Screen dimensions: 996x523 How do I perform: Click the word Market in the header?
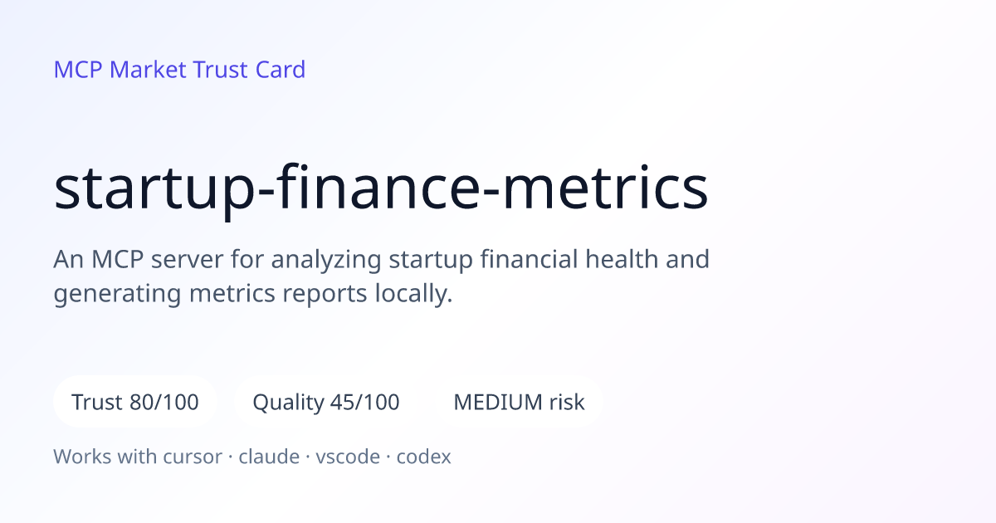point(148,70)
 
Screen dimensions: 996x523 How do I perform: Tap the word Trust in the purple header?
point(220,70)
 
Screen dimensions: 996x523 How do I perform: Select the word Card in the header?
point(281,70)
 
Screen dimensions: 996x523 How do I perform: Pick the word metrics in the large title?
point(605,187)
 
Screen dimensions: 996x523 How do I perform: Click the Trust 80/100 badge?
point(135,402)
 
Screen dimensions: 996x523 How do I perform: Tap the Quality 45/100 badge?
point(326,402)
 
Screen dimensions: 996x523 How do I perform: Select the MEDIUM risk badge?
point(519,402)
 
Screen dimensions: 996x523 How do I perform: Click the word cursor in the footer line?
point(193,457)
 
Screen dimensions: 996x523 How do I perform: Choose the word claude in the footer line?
point(269,457)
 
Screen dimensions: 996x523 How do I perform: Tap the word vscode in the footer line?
point(348,457)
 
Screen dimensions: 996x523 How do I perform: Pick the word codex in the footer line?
point(424,457)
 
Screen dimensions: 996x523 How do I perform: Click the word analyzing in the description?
point(326,260)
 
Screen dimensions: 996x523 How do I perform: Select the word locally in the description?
point(413,294)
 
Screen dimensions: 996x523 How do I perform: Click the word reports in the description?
point(325,295)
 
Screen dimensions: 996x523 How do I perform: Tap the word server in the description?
point(187,260)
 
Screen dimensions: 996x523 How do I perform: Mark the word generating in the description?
point(117,295)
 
